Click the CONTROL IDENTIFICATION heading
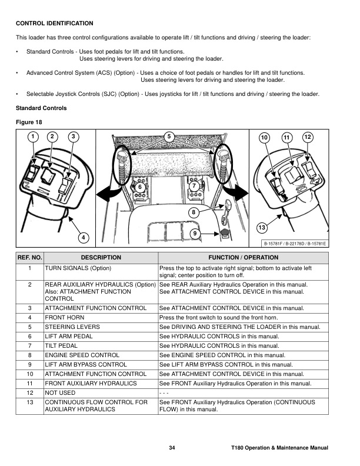coord(54,24)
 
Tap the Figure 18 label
coord(28,122)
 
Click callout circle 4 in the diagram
coord(84,237)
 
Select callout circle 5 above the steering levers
coord(169,137)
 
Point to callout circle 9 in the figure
coord(194,234)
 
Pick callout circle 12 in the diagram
coord(307,137)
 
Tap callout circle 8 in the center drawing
coord(193,211)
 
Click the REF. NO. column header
coord(29,258)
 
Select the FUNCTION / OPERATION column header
coord(243,258)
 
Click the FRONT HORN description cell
coord(65,318)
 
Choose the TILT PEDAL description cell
coord(64,346)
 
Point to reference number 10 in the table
coord(29,374)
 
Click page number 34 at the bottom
coord(172,448)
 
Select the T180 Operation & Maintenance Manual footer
coord(279,448)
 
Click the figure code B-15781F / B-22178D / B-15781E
coord(295,243)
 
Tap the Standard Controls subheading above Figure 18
coord(41,108)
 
